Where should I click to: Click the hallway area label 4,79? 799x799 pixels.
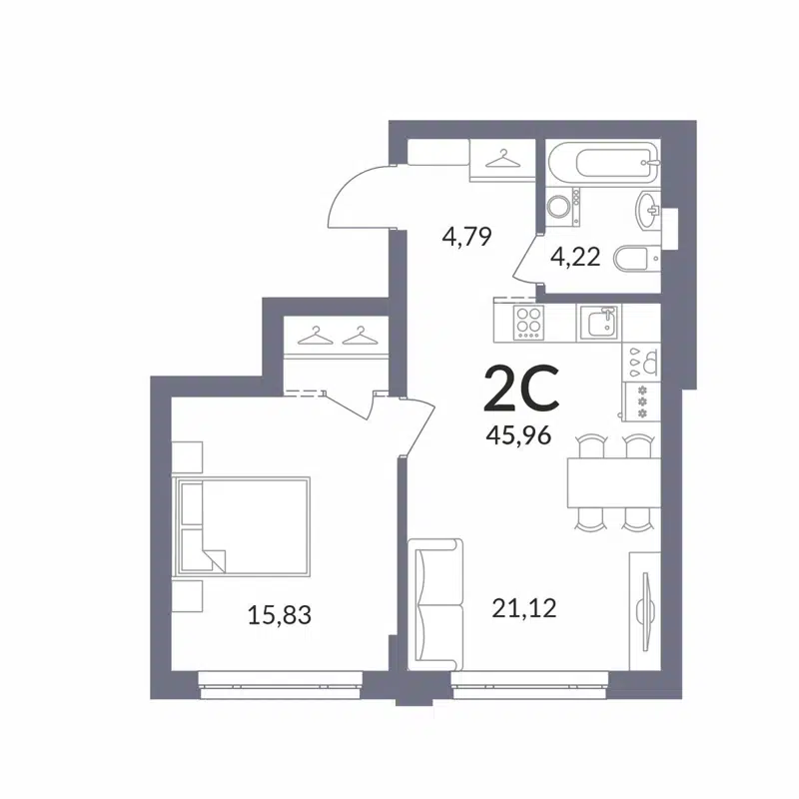467,239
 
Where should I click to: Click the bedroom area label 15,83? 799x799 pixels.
280,614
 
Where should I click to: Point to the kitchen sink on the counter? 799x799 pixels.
600,322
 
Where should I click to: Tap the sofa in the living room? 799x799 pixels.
437,603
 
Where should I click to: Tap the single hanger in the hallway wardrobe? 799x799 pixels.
501,156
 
